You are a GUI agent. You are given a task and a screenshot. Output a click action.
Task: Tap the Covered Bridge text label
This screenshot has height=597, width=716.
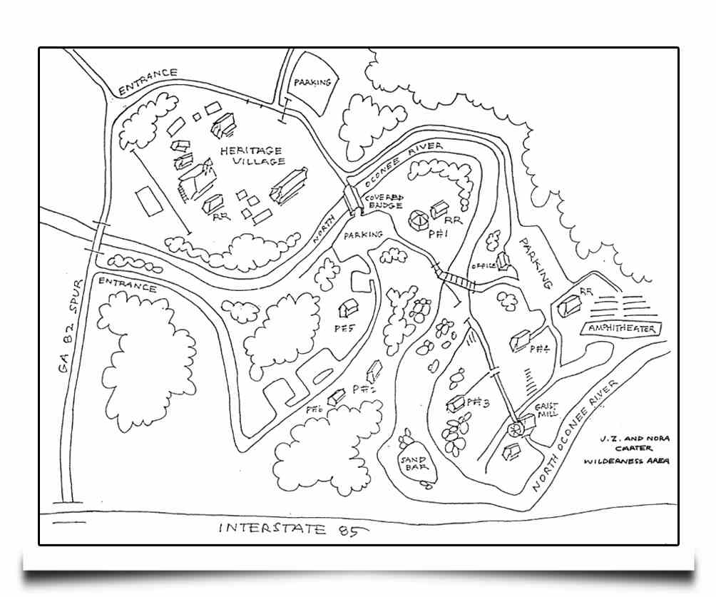click(385, 201)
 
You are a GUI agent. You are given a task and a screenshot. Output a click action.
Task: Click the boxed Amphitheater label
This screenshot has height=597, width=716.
click(623, 328)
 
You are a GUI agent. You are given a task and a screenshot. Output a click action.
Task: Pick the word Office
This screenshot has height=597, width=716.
click(484, 266)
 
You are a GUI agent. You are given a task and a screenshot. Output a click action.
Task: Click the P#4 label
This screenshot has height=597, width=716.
click(539, 349)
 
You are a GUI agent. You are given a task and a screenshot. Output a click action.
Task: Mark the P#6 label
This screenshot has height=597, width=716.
click(314, 409)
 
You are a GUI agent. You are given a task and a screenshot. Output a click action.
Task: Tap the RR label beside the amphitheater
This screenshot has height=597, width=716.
click(587, 291)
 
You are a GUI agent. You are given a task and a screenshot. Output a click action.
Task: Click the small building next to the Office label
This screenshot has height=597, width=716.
click(503, 261)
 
